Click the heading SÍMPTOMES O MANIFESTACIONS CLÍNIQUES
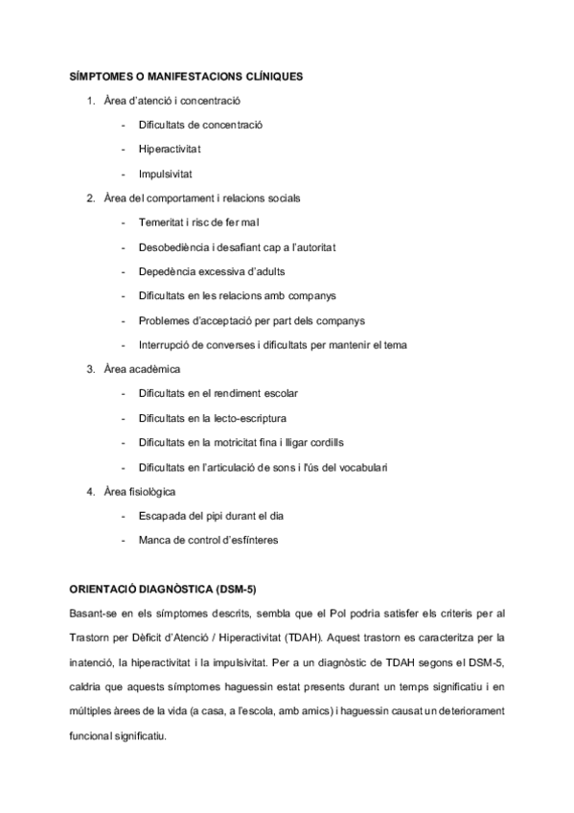[188, 75]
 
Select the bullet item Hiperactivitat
[170, 149]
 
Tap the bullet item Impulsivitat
[166, 174]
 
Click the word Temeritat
[161, 222]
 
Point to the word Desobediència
[173, 247]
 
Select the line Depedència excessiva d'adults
[211, 271]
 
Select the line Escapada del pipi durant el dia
[211, 516]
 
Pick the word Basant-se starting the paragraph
[92, 612]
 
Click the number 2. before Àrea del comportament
[90, 198]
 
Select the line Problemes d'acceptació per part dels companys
[251, 320]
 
